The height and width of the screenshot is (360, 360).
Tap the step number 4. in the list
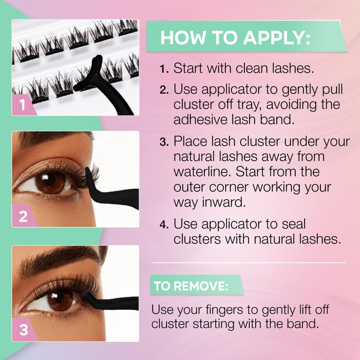click(164, 224)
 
